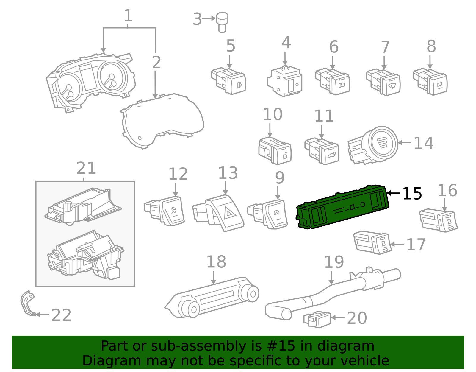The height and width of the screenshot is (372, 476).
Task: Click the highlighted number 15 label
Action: point(412,194)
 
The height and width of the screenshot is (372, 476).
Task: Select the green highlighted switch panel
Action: point(342,208)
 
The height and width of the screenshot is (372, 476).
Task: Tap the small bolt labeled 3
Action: point(222,21)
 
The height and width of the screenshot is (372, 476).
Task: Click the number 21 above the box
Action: point(86,169)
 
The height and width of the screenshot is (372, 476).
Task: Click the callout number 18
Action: point(216,262)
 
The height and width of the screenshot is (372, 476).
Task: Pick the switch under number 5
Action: point(229,81)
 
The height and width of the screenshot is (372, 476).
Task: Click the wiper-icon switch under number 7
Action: point(384,83)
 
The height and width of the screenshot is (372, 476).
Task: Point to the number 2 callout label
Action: point(156,63)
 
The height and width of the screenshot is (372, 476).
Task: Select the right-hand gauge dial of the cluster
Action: point(112,77)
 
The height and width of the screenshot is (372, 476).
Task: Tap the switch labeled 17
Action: point(372,242)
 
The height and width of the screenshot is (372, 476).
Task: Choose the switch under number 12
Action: point(165,211)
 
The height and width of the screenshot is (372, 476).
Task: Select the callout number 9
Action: point(279,178)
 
